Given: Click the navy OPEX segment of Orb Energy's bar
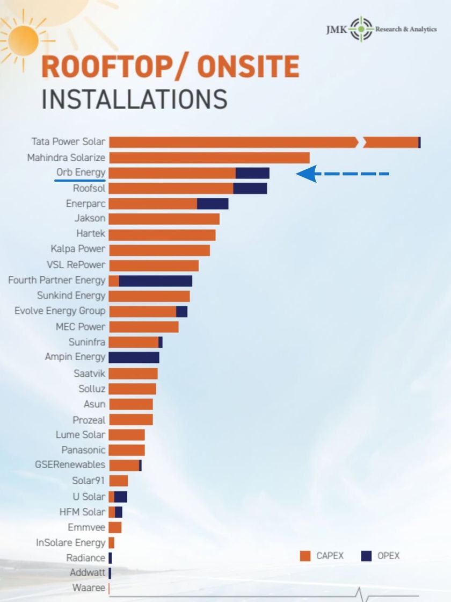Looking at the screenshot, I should pos(252,173).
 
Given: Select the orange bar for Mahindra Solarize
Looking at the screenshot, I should pos(209,157).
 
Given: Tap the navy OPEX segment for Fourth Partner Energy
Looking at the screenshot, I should pos(155,281).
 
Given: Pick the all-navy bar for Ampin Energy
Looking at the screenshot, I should pos(134,357).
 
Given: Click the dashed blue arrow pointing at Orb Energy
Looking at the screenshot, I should pos(342,174).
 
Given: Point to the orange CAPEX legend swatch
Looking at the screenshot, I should pos(305,556).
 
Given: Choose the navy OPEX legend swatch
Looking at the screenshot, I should pos(367,556).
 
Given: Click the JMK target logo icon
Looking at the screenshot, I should pos(361,29).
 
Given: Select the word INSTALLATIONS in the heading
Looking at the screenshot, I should pos(134,100).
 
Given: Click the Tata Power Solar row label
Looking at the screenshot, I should pos(68,142).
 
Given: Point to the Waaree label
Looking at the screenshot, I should pos(89,588).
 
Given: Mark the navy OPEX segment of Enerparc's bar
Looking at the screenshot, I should pos(213,204).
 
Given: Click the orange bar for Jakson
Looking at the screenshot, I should pos(164,219).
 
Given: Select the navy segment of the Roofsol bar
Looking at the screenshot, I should pos(250,188).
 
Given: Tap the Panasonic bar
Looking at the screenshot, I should pos(127,450).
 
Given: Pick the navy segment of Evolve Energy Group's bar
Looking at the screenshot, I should pos(181,311).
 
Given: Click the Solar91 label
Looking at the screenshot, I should pos(89,481).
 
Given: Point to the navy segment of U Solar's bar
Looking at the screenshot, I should pos(120,497).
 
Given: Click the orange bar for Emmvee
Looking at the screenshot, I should pos(115,527).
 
